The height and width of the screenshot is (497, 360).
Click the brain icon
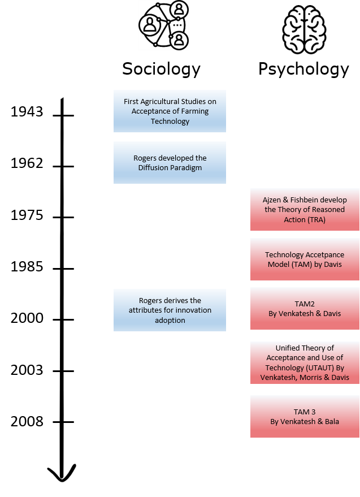[304, 29]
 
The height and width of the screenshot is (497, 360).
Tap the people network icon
[164, 25]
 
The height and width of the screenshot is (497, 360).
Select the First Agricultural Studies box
[170, 111]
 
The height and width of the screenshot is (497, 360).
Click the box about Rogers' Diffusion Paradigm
[170, 163]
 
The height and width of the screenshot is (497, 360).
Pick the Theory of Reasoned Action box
[305, 210]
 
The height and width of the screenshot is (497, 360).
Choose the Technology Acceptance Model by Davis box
[305, 260]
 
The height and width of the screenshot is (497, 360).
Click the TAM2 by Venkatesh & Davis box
[305, 309]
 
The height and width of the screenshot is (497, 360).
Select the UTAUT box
[305, 362]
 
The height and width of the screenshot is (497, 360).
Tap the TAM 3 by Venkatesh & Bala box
[305, 417]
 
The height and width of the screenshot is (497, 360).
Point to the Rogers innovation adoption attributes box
[170, 310]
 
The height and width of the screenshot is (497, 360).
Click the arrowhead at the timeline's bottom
[62, 473]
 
